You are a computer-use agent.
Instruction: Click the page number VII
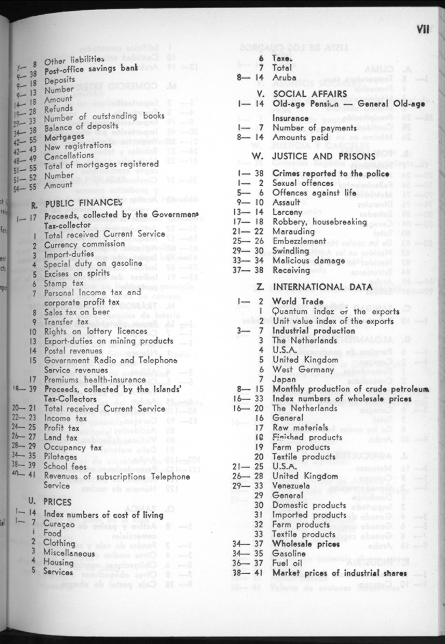422,30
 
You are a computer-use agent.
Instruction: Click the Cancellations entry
69,156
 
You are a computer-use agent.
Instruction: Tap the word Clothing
60,543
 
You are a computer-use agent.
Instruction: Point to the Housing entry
59,562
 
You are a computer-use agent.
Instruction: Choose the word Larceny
289,213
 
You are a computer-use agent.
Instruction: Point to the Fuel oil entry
290,563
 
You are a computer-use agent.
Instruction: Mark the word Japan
284,379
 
